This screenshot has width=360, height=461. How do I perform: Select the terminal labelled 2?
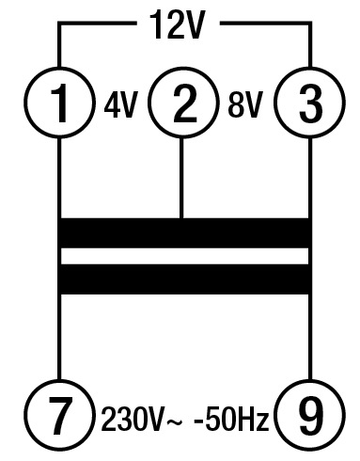183,104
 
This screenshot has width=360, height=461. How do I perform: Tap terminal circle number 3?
309,104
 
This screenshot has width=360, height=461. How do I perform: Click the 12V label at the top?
178,27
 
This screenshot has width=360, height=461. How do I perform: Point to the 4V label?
120,104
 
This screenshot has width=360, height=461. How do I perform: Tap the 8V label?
246,104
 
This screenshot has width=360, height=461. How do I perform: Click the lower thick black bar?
183,278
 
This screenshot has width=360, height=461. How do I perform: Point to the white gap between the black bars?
183,256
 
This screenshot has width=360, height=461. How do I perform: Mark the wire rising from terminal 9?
309,339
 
